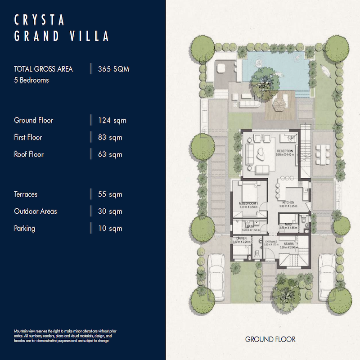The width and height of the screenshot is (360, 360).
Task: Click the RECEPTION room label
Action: point(285,151)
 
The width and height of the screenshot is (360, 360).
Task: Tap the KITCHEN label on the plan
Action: point(288,203)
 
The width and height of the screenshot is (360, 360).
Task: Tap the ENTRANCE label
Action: point(271,242)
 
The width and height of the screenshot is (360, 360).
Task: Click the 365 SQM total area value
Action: point(114,69)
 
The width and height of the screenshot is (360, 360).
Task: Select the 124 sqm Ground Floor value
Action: point(112,121)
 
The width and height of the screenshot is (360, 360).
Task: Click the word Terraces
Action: point(26,194)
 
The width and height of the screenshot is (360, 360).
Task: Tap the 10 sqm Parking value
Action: point(110,229)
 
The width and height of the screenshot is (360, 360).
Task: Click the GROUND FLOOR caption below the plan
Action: point(270,339)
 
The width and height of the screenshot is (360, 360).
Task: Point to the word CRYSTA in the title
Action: point(40,20)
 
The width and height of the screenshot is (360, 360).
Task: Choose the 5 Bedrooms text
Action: point(31,81)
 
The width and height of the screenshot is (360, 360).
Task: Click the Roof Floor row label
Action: point(29,154)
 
